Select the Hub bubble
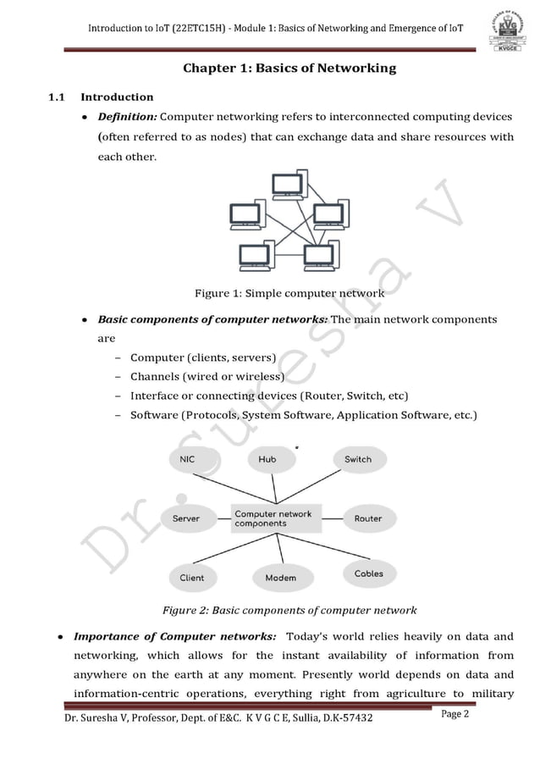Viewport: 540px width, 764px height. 267,459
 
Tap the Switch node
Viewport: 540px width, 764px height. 357,459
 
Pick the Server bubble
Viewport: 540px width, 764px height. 186,518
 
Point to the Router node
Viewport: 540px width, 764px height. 367,518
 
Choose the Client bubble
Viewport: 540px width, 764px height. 192,578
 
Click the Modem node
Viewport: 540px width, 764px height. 280,578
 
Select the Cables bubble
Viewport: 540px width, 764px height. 368,573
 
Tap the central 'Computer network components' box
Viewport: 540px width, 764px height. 273,518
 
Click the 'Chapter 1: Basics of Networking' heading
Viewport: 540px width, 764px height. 289,68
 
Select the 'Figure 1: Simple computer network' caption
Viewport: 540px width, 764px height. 289,294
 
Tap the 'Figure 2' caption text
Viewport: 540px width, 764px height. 289,610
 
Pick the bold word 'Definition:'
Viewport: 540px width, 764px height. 127,116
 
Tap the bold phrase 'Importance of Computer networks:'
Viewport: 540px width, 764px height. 174,637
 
